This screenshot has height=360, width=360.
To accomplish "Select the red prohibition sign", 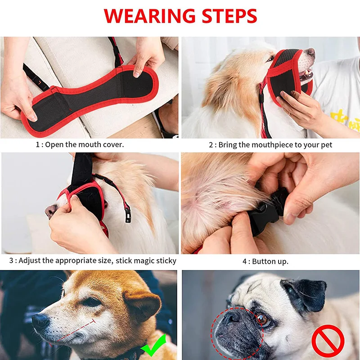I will (x=328, y=340).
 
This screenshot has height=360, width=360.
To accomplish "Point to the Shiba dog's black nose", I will (x=40, y=321).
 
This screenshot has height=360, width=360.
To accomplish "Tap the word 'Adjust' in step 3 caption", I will (x=31, y=261).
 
